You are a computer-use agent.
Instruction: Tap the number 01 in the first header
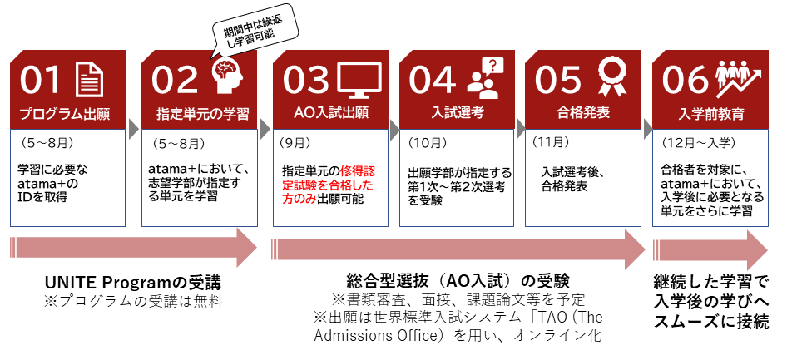42,79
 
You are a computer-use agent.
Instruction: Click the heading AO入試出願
331,113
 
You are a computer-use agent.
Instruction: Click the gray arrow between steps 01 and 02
133,129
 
